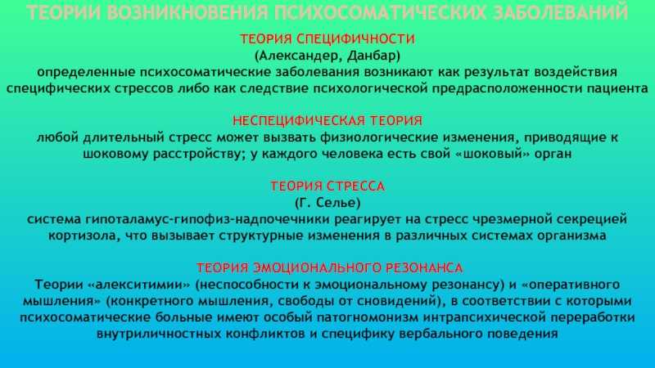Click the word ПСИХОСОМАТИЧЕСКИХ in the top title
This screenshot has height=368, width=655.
(x=380, y=12)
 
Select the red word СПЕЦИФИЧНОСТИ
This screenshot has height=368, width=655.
(x=356, y=38)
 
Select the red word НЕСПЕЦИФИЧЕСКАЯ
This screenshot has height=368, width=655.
(x=299, y=121)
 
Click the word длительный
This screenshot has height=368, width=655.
(x=124, y=137)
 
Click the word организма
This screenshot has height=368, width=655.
(x=571, y=236)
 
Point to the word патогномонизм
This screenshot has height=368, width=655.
(x=367, y=317)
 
